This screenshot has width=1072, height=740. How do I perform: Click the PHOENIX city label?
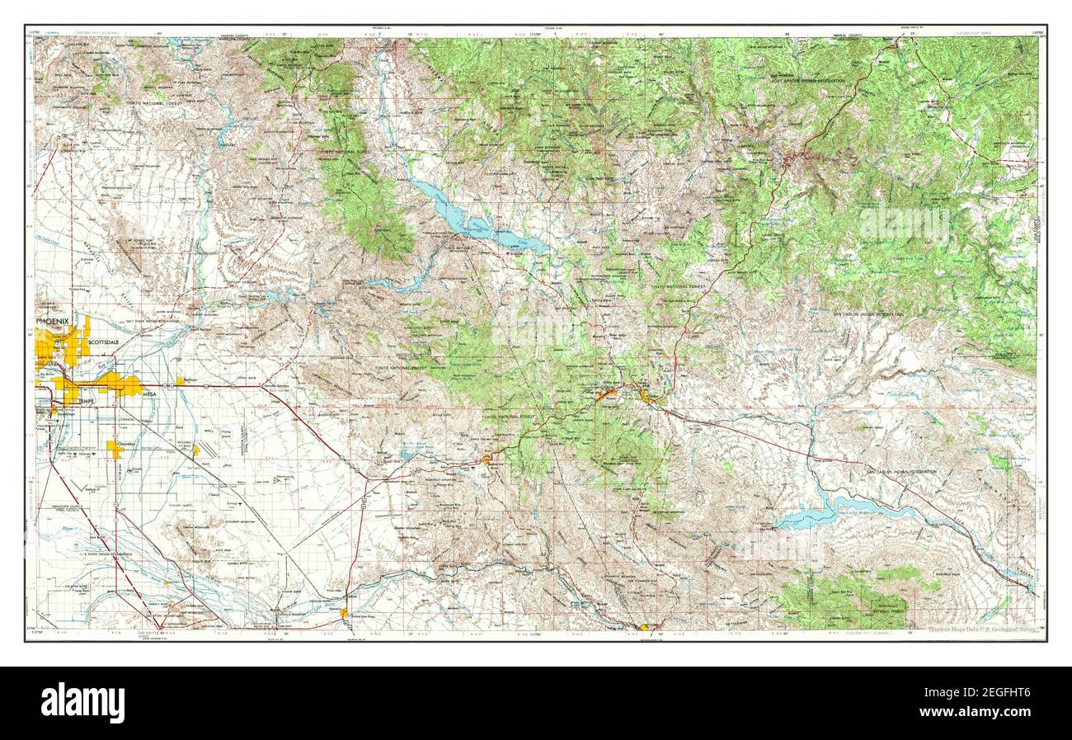57,320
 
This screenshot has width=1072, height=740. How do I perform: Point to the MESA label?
149,395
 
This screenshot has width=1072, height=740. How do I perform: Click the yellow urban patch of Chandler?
115,448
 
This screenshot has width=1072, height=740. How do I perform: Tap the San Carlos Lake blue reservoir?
816,515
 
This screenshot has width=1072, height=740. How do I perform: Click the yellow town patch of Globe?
646,397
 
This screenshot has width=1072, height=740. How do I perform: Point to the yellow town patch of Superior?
488,459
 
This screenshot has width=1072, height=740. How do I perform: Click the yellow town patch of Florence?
344,612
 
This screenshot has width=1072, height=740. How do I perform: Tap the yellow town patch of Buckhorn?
180,381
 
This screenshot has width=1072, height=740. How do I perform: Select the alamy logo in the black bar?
82,703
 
